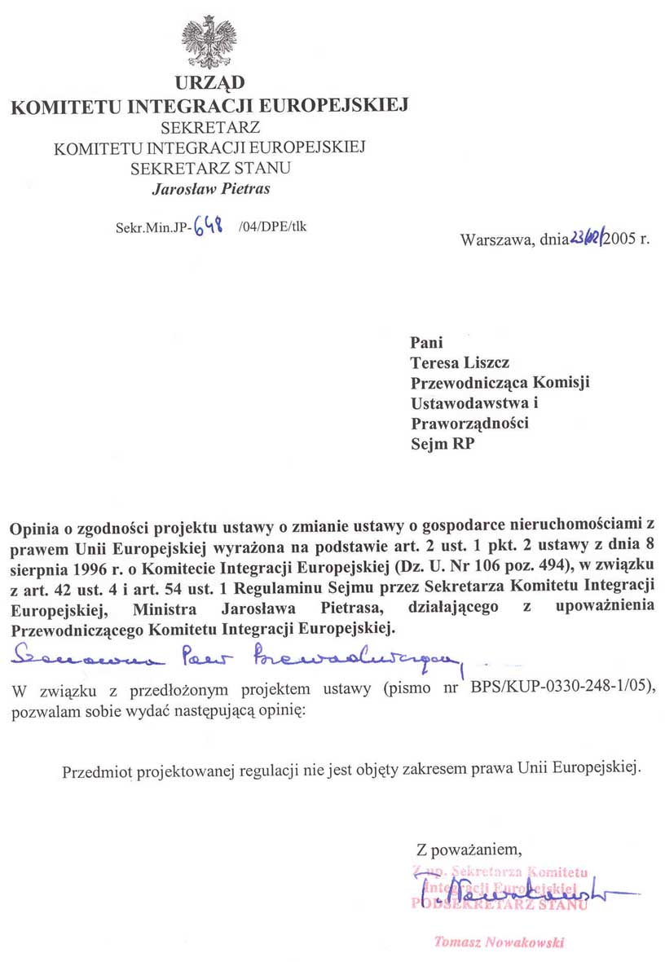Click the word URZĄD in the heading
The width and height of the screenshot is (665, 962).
pos(209,83)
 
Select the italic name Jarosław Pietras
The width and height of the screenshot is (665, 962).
pos(211,189)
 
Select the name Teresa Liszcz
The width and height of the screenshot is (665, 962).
pos(460,362)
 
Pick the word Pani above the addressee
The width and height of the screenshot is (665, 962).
pos(428,343)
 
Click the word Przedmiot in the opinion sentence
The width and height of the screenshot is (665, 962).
pos(97,770)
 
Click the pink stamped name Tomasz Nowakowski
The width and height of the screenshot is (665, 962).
pos(499,942)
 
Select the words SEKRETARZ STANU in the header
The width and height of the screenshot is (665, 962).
pos(211,169)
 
